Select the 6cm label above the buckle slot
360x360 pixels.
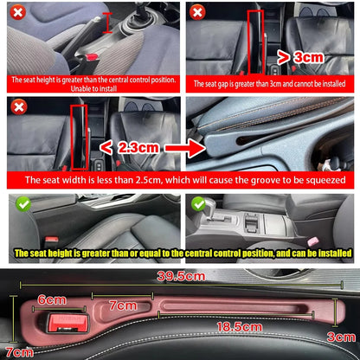[54, 299]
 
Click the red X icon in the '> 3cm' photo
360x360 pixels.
[197, 12]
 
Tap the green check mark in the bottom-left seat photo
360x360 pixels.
[17, 205]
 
